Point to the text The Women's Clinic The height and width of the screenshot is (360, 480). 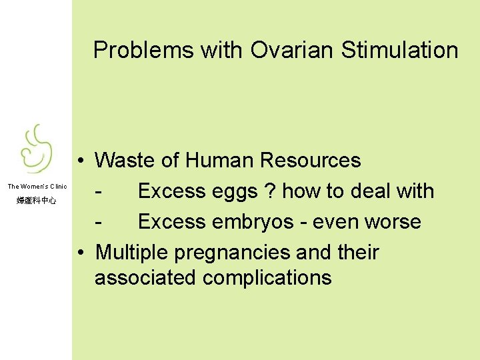37,187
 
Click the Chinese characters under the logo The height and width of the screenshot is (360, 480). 37,200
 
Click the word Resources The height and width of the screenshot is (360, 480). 311,161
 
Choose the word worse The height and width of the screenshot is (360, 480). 393,222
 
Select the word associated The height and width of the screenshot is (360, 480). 145,277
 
